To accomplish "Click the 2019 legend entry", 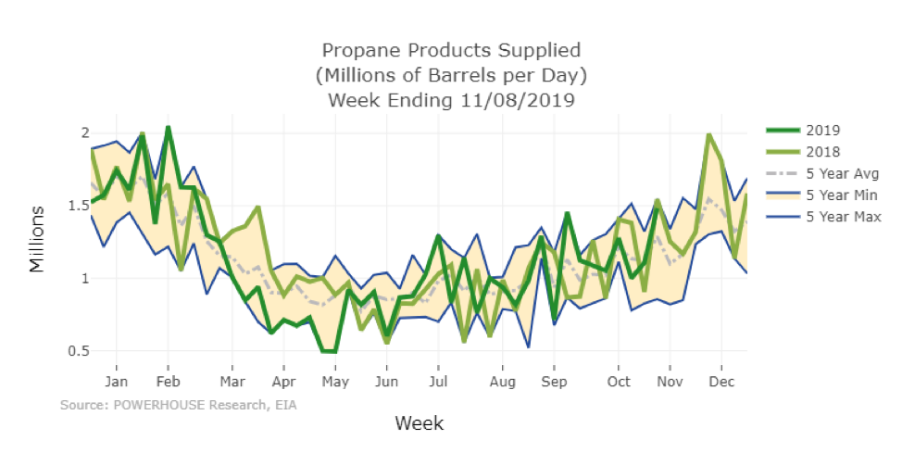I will pyautogui.click(x=822, y=130).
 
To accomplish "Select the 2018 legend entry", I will pyautogui.click(x=822, y=152).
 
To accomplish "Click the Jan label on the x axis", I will pyautogui.click(x=116, y=382).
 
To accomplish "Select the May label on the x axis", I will pyautogui.click(x=334, y=382).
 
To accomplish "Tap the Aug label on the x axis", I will pyautogui.click(x=503, y=382).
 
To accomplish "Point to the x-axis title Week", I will pyautogui.click(x=419, y=423).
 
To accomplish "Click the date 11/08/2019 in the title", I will pyautogui.click(x=520, y=100).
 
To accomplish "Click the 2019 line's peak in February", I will pyautogui.click(x=168, y=127).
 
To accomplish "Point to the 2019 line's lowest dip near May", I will pyautogui.click(x=329, y=352).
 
